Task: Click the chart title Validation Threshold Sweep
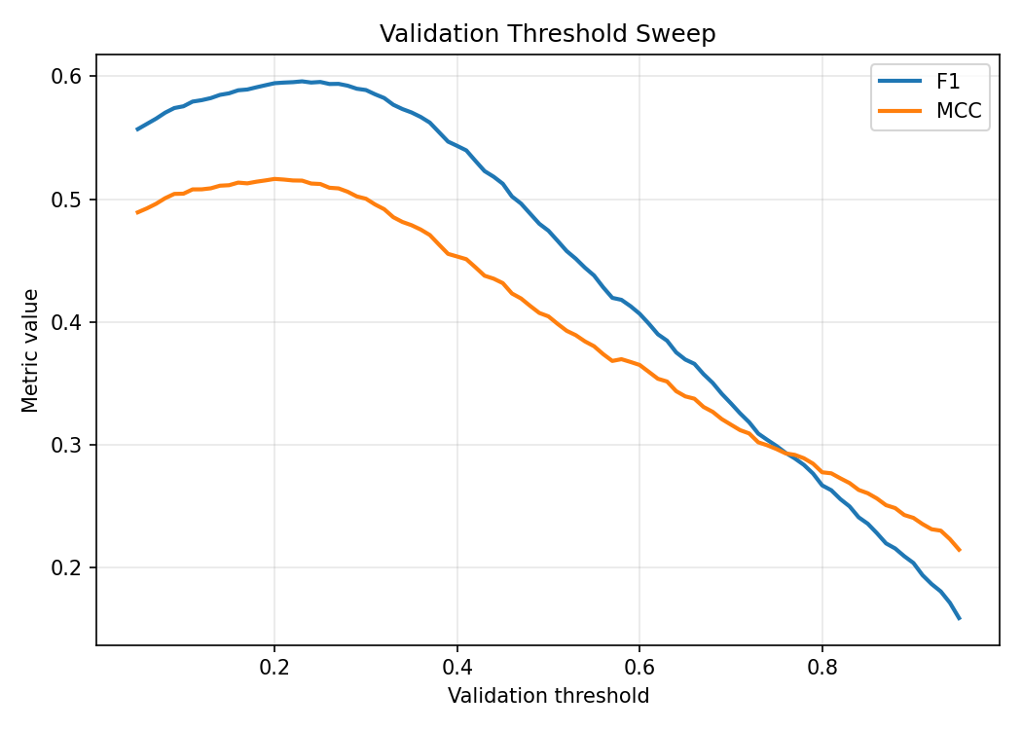pos(547,34)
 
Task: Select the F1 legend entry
pos(948,82)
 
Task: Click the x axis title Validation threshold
pos(548,696)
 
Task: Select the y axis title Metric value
pos(31,350)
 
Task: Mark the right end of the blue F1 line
pos(960,619)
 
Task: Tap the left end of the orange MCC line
pos(137,212)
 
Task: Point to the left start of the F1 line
pos(137,129)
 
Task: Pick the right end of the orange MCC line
pos(960,551)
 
